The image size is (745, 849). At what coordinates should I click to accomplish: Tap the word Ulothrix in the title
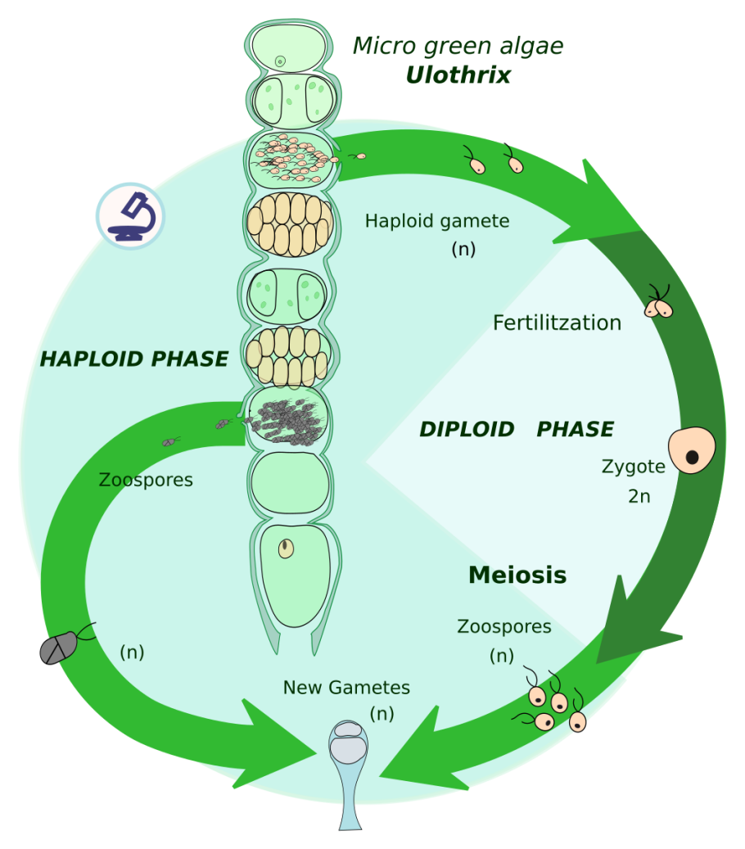(458, 75)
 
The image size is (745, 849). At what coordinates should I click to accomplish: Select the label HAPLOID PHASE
(134, 359)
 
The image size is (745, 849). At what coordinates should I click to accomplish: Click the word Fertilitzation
(557, 323)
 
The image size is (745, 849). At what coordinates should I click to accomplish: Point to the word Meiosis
(517, 576)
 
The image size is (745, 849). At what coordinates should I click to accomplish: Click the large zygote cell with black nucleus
(692, 450)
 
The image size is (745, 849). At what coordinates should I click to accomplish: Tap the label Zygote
(633, 467)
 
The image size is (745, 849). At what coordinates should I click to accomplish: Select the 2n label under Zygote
(639, 496)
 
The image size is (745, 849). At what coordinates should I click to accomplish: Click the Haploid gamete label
(437, 221)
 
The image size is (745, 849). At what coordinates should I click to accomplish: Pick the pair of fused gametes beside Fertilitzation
(659, 306)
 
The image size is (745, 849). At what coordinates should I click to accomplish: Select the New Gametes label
(346, 688)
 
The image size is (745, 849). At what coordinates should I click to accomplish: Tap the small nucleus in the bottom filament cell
(285, 549)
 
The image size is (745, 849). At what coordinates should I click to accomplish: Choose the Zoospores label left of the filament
(146, 480)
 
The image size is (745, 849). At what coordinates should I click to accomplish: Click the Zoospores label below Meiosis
(504, 627)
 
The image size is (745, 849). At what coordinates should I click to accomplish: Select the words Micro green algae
(458, 46)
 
